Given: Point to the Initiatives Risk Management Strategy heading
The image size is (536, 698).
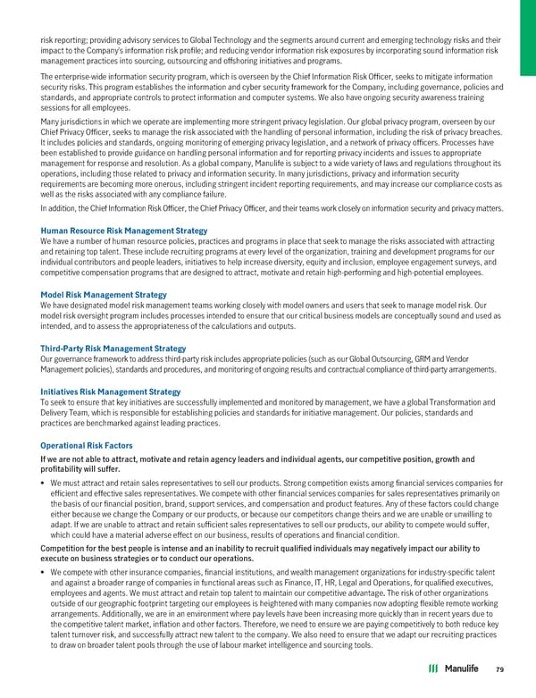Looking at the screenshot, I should [110, 392].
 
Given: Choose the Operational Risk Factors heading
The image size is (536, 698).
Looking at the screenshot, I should [87, 445].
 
